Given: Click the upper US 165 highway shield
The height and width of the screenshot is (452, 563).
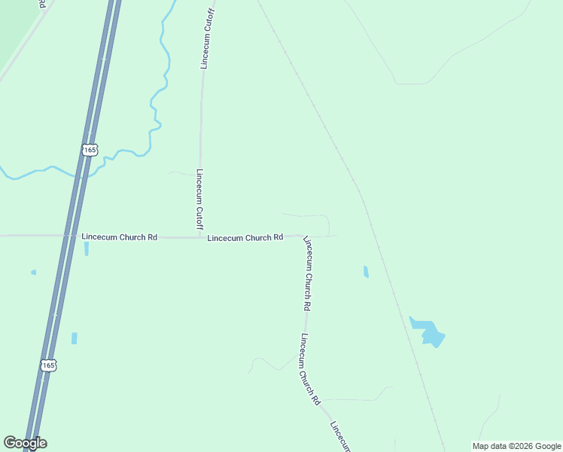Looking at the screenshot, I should (90, 150).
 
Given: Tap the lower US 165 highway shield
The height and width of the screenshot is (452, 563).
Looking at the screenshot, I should (48, 365).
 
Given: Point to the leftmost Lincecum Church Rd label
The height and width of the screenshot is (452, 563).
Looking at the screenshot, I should (119, 237).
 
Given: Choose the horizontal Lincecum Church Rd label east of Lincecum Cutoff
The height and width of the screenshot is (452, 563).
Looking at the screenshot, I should (245, 237).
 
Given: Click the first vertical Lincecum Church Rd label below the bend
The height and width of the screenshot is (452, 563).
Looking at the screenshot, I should (308, 274).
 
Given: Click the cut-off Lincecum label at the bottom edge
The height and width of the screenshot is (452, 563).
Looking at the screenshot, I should (340, 437).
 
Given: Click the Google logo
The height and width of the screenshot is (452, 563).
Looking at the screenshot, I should (25, 443).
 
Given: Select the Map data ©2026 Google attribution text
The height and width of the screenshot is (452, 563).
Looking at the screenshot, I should (516, 446).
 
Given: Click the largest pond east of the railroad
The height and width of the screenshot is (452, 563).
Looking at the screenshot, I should (428, 331).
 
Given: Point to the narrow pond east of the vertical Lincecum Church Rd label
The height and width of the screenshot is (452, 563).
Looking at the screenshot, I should (366, 271).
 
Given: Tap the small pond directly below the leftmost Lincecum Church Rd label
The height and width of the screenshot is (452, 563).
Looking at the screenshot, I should (87, 249).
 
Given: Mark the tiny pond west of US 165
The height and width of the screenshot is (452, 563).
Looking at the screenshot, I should (33, 272).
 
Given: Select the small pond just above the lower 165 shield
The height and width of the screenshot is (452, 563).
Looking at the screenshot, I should (75, 338).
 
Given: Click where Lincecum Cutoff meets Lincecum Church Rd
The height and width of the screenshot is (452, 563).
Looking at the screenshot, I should (200, 237).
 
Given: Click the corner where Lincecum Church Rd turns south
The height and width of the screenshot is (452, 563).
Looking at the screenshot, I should (305, 237).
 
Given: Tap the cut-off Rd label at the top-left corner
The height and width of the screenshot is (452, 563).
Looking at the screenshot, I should (43, 4).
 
